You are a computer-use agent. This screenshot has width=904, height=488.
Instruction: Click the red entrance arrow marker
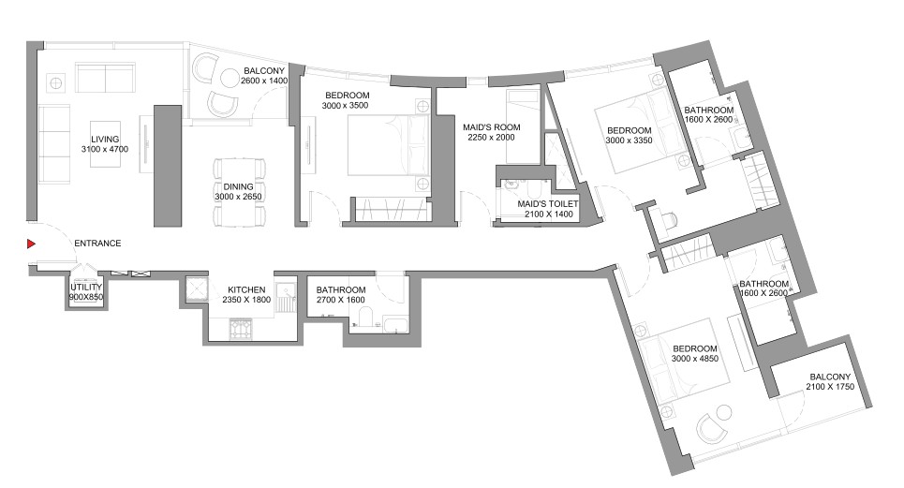click(31, 244)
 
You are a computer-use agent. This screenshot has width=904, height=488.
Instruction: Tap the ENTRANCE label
click(97, 244)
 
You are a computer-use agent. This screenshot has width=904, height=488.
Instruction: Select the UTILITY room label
click(86, 287)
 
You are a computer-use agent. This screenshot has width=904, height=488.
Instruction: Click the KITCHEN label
click(246, 289)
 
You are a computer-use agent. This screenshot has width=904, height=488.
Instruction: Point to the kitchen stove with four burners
click(241, 329)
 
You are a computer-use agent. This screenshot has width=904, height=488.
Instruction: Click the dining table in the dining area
click(239, 192)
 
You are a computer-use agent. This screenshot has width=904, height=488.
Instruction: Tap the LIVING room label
click(105, 140)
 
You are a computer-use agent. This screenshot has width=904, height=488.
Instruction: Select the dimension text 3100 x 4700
click(105, 149)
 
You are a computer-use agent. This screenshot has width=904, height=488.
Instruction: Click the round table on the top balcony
click(230, 78)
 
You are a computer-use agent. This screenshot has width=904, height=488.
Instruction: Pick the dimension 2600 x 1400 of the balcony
click(264, 81)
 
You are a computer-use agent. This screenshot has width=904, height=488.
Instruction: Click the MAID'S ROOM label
click(491, 127)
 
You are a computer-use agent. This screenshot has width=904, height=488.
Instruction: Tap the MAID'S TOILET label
click(548, 204)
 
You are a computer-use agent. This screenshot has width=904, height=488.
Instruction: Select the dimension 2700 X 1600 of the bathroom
click(341, 300)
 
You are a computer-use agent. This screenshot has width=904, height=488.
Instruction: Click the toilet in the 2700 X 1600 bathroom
click(365, 319)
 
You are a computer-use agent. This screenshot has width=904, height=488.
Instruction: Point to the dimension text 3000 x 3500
click(346, 106)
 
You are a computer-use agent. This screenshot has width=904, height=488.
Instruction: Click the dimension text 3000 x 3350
click(629, 140)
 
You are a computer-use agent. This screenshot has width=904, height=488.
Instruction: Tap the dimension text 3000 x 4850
click(695, 359)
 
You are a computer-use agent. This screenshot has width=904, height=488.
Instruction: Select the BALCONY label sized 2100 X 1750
click(830, 377)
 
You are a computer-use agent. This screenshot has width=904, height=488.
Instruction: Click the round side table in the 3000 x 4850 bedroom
click(723, 412)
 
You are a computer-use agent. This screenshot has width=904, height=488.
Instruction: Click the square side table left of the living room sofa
click(56, 83)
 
